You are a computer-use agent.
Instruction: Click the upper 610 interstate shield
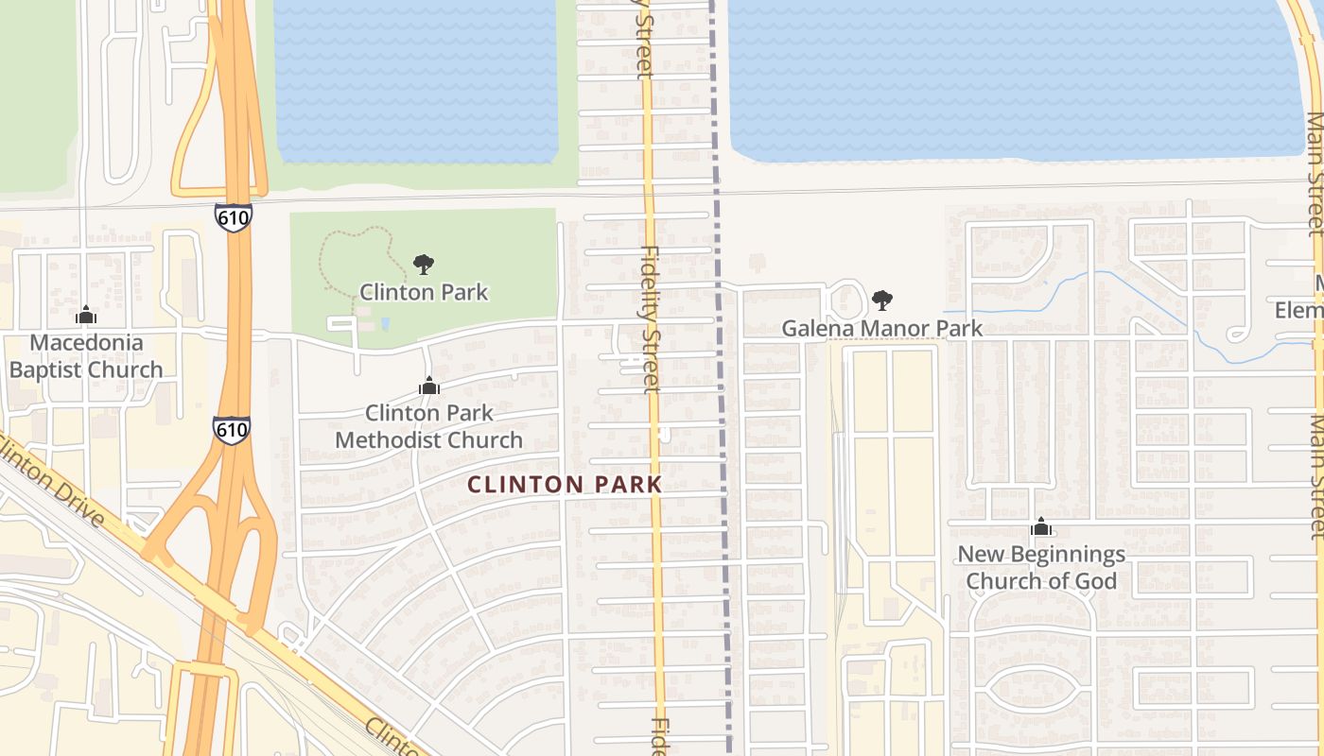coord(233,218)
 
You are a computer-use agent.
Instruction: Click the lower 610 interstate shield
coord(232,430)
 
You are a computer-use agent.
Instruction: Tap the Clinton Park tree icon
coord(424,265)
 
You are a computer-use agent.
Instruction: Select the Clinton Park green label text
coord(424,292)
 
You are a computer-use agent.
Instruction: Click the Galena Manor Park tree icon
coord(882,301)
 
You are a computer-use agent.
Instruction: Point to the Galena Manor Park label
coord(881,329)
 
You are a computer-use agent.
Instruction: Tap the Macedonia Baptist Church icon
coord(86,315)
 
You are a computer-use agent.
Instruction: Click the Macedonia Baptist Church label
coord(86,356)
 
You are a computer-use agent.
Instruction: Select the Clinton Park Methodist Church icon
coord(429,386)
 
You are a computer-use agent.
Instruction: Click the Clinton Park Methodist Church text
coord(428,426)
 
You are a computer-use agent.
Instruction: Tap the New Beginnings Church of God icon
coord(1041,526)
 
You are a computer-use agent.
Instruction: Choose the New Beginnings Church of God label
coord(1041,567)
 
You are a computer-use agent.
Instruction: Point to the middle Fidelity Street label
coord(651,319)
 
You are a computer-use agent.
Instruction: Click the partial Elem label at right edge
coord(1300,309)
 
